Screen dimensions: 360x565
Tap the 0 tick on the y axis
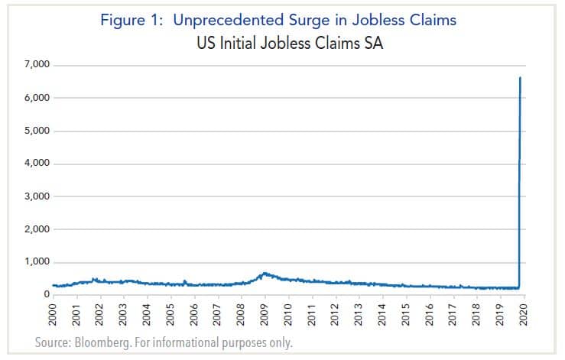click(47, 295)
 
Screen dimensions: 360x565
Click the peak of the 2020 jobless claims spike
click(520, 78)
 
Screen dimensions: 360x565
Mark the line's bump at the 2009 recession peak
click(265, 273)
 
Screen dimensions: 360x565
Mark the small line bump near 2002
click(94, 279)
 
